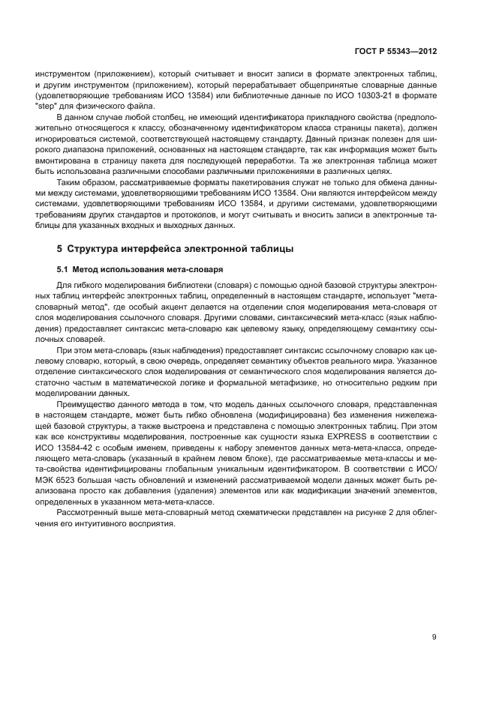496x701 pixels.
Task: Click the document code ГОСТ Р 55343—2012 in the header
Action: (x=396, y=51)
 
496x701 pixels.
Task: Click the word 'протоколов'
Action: (x=179, y=214)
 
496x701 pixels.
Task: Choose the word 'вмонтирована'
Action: (x=59, y=160)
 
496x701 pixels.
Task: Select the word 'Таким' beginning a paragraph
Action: (x=69, y=181)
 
